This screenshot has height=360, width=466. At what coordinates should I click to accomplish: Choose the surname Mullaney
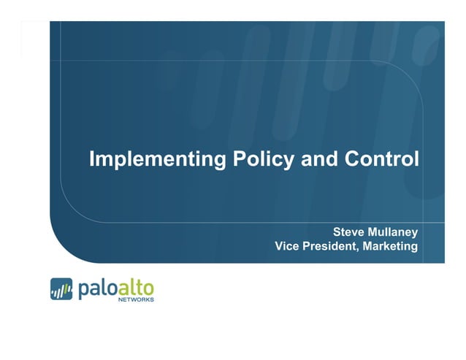(393, 232)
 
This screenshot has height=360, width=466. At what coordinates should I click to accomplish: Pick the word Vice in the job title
(287, 247)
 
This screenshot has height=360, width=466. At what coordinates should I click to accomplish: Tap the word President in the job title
(330, 247)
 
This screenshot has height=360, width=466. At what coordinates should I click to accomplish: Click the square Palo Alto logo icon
(61, 290)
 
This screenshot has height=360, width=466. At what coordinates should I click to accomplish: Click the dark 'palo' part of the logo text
(96, 288)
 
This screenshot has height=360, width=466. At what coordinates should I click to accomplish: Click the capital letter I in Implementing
(91, 158)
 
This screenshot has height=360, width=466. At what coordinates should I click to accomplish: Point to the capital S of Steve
(337, 231)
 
